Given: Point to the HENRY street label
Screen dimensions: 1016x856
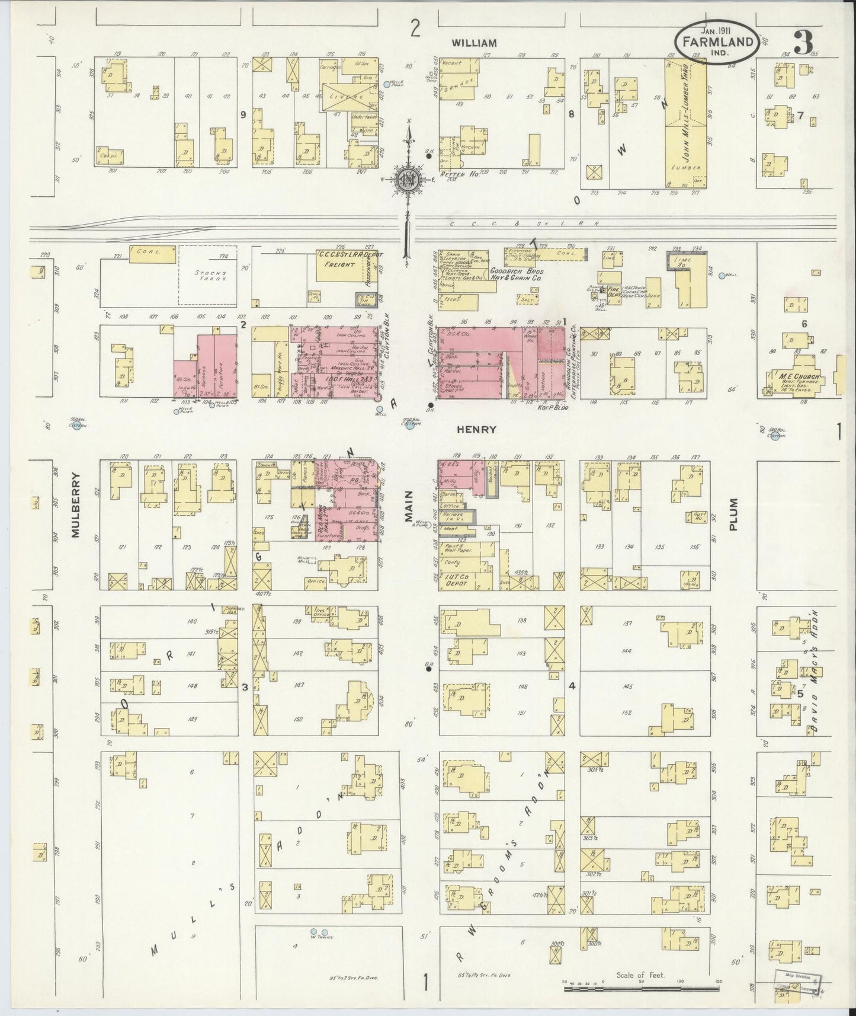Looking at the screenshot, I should click(476, 430).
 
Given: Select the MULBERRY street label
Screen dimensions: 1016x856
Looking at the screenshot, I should click(76, 505).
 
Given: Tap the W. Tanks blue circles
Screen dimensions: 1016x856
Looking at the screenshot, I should click(319, 948).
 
